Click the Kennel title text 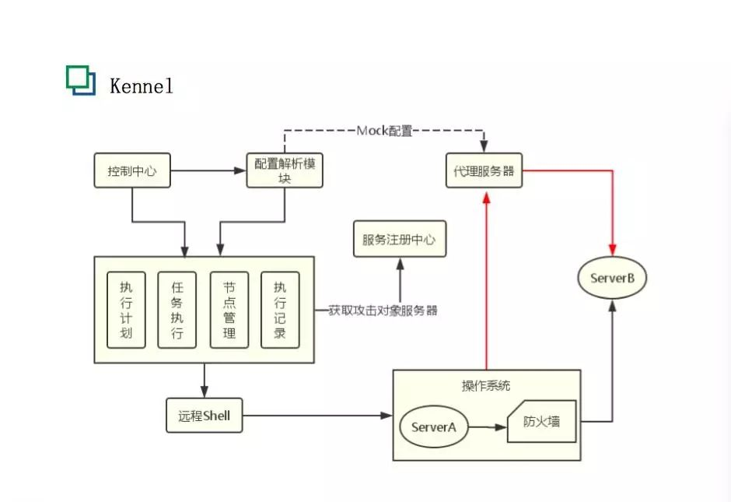(141, 86)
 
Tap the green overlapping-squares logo (81, 80)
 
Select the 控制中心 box (131, 170)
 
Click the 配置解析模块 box (284, 170)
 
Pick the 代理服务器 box (484, 170)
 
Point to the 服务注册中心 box (399, 240)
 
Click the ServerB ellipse (612, 279)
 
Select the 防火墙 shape (544, 423)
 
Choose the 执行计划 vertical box (126, 310)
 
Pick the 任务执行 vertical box (177, 310)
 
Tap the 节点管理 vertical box (229, 310)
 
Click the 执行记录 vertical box (280, 310)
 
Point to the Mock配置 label (384, 131)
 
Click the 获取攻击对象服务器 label (383, 311)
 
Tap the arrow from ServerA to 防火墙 (487, 427)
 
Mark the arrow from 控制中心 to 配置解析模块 (207, 170)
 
